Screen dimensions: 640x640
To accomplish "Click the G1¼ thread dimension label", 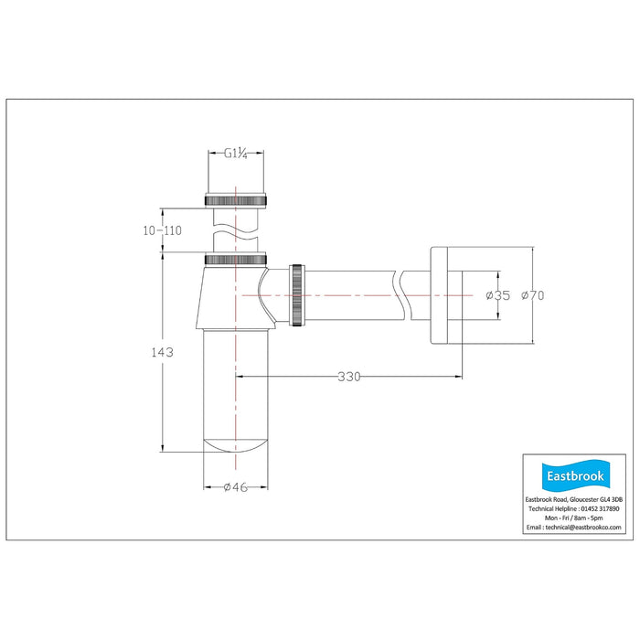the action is click(236, 154).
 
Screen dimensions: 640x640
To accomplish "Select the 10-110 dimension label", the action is click(162, 230).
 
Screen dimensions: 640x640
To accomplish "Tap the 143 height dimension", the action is click(163, 352).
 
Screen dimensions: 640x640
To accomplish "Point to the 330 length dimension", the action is click(349, 377).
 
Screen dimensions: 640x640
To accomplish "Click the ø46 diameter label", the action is click(236, 487).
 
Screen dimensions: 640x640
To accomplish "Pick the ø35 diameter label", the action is click(498, 295).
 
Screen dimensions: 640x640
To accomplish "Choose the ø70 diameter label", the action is click(533, 295).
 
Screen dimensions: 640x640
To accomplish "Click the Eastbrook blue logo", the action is click(575, 475).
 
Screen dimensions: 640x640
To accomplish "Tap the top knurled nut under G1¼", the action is click(236, 200).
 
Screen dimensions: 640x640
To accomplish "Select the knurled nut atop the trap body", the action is click(236, 259).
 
